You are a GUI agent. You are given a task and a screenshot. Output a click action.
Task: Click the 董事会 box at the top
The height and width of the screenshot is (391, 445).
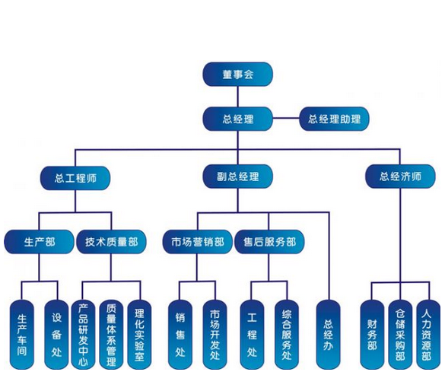[x=237, y=74]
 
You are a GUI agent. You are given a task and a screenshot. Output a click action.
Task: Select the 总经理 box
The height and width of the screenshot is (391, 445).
[x=237, y=119]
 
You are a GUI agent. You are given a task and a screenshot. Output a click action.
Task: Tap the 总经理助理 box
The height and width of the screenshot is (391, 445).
[x=334, y=119]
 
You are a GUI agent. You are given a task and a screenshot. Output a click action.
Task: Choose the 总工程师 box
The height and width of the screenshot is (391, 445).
[x=75, y=178]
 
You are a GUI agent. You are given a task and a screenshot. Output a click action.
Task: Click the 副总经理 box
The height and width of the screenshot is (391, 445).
[x=237, y=176]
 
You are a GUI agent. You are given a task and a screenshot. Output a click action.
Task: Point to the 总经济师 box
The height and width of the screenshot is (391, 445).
[x=400, y=176]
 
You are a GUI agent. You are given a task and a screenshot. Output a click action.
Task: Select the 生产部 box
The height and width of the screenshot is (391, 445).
[x=39, y=242]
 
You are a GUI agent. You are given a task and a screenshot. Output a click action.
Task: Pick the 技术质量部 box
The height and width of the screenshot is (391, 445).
[x=111, y=242]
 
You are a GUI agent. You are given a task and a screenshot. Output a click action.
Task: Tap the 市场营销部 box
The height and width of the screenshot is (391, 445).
[x=198, y=242]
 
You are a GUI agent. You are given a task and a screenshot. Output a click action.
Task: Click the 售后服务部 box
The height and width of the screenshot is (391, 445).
[x=269, y=242]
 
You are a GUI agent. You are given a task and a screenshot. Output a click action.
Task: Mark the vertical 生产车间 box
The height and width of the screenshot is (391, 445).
[x=22, y=335]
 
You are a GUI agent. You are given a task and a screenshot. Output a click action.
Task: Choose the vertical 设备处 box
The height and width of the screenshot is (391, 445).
[x=57, y=335]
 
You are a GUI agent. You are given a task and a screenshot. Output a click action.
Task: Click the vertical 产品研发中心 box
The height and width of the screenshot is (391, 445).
[x=83, y=335]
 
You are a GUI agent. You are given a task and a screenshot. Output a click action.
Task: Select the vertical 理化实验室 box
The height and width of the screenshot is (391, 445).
[x=139, y=335]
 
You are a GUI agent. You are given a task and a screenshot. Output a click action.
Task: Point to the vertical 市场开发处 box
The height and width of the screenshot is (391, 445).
[x=215, y=335]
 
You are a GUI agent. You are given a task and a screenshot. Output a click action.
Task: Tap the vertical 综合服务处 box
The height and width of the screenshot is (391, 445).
[x=287, y=335]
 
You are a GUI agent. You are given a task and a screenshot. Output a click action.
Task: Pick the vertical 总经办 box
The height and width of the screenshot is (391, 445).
[x=328, y=335]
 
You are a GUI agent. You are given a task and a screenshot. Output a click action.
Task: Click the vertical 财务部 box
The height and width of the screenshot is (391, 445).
[x=372, y=335]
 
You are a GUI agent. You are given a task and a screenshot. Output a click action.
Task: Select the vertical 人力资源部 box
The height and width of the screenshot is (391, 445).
[x=428, y=335]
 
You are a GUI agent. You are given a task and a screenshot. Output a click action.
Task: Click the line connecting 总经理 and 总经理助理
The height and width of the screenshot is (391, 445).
[x=286, y=118]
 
